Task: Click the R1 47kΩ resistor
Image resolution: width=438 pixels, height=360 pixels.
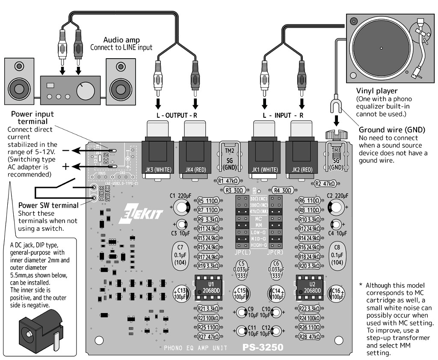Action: pyautogui.click(x=228, y=181)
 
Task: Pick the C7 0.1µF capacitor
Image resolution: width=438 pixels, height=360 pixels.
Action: pyautogui.click(x=180, y=255)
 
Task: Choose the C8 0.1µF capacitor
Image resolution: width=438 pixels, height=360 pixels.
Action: pyautogui.click(x=337, y=255)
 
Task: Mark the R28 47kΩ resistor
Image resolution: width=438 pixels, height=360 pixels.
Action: pyautogui.click(x=308, y=337)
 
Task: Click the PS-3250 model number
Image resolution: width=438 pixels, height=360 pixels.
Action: pyautogui.click(x=263, y=347)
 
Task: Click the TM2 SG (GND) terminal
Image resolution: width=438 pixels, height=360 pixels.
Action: pyautogui.click(x=230, y=156)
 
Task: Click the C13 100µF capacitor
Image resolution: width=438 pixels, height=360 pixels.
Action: pyautogui.click(x=180, y=294)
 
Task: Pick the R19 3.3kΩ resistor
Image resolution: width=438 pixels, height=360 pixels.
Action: pyautogui.click(x=208, y=266)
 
